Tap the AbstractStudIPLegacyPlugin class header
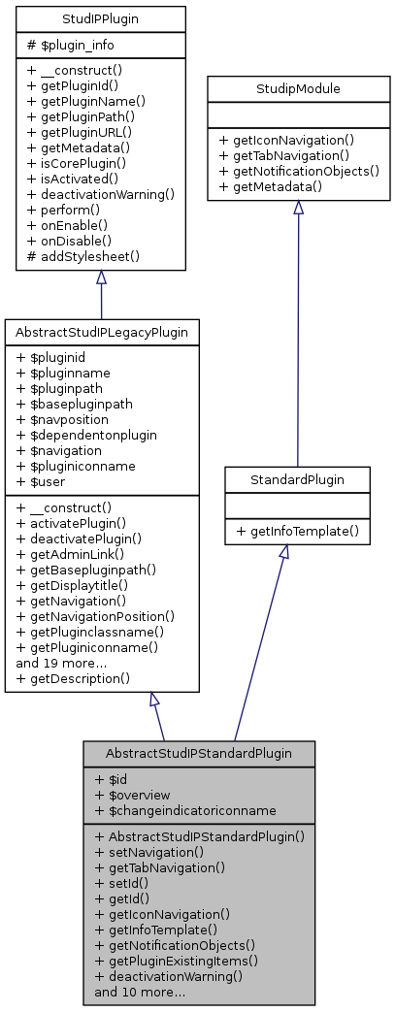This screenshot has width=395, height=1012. pos(101,332)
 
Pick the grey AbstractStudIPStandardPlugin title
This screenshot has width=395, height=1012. pos(199,753)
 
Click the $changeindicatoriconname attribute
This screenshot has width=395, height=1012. pos(185,809)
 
